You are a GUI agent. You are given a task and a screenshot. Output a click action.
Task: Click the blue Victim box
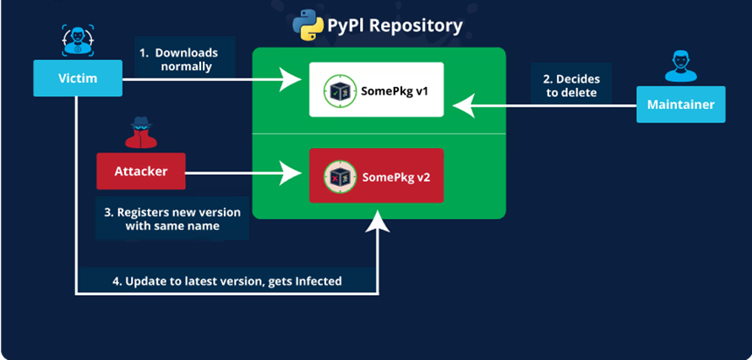tap(79, 79)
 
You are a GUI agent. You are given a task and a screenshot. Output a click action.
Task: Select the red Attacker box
tap(140, 172)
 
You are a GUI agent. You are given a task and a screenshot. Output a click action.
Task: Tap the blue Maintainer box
tap(680, 106)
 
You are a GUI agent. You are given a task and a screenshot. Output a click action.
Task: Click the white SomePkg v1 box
tap(376, 89)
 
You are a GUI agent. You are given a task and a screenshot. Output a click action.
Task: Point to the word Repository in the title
tap(415, 25)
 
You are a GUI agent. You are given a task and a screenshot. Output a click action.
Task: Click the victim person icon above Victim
tap(78, 41)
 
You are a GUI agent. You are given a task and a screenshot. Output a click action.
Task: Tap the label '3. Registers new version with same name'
tap(172, 219)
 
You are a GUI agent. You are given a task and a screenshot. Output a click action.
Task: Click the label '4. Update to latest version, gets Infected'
tap(227, 281)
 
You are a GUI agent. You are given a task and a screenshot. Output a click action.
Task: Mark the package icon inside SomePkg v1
tap(336, 90)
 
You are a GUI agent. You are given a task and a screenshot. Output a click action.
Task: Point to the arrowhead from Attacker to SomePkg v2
tap(297, 175)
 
